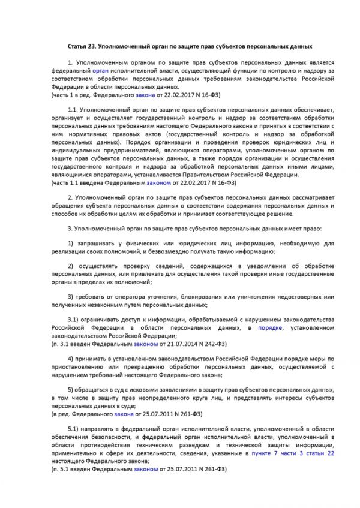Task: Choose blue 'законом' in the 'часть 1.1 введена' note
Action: (146, 182)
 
